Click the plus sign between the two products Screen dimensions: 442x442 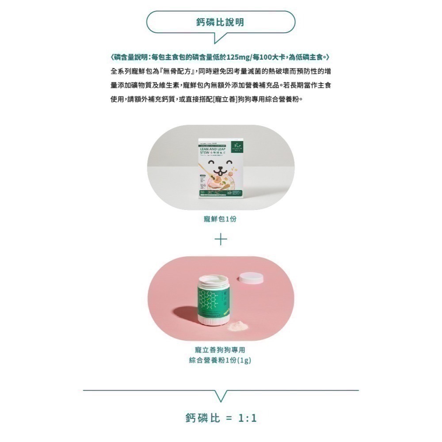pos(221,239)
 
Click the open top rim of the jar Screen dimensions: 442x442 pos(215,279)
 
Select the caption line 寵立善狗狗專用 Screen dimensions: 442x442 pos(220,350)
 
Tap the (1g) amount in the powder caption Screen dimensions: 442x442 pos(244,360)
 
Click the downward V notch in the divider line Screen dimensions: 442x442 pos(221,396)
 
